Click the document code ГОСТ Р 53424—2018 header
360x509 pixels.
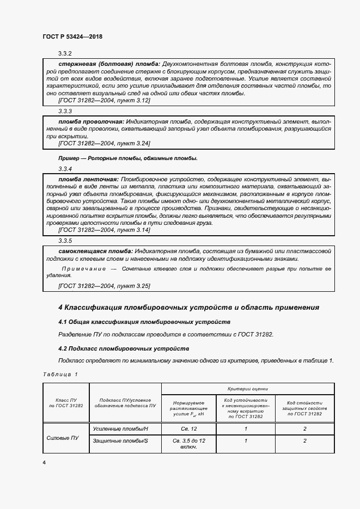[72, 36]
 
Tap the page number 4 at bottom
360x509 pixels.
[44, 462]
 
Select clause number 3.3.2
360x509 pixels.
[65, 53]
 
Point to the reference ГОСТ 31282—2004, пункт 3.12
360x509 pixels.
[104, 100]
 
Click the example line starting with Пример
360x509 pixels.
[127, 158]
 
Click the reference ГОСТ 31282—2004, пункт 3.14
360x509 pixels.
[104, 230]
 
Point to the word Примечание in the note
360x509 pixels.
[83, 269]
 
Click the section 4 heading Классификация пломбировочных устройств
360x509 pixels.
[188, 308]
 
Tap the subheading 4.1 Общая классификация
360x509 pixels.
[144, 322]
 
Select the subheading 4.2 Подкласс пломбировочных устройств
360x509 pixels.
[124, 348]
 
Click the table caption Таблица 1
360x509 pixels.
[60, 374]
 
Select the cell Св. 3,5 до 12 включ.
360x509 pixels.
[188, 444]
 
